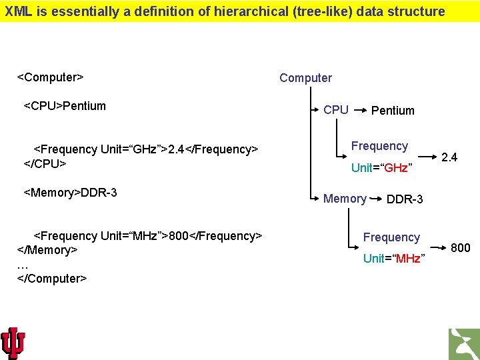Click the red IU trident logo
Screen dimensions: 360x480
click(13, 343)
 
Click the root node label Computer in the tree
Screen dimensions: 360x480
click(305, 78)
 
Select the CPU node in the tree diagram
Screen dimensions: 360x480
click(335, 110)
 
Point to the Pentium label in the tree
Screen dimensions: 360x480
click(393, 111)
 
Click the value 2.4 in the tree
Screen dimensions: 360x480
click(449, 157)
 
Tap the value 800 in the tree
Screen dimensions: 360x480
click(461, 248)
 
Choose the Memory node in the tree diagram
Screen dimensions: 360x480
click(345, 199)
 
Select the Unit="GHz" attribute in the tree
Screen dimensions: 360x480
click(380, 168)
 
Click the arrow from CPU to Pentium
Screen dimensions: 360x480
click(359, 108)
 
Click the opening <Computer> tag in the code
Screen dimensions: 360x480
click(50, 77)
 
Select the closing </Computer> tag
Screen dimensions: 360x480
click(52, 278)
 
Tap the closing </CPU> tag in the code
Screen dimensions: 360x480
click(45, 163)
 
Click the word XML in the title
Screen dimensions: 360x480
click(17, 11)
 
